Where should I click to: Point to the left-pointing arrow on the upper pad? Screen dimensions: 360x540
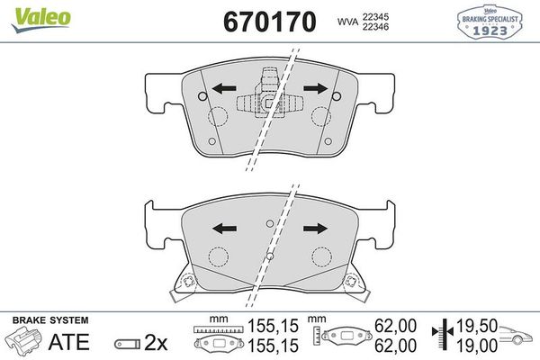coord(223,88)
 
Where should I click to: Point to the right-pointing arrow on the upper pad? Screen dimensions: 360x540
coord(315,88)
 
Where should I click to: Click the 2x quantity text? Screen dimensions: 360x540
coord(156,342)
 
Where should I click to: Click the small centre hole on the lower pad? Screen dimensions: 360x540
coord(268,223)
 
